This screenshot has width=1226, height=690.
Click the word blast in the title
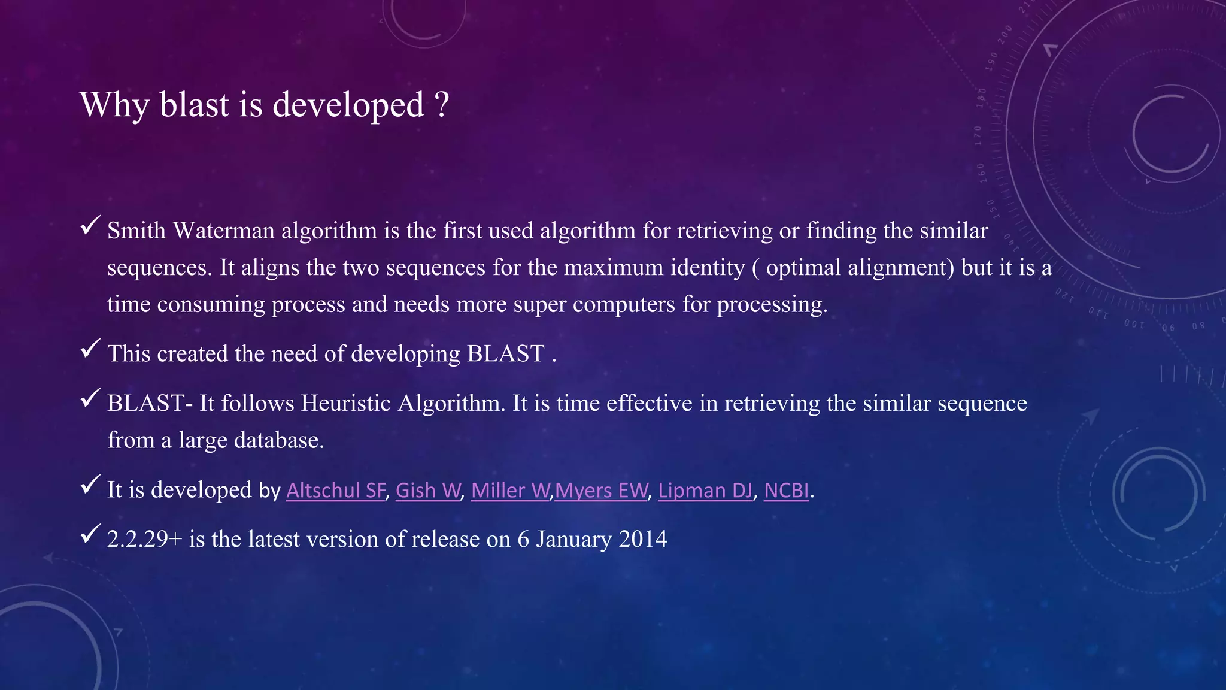click(x=195, y=105)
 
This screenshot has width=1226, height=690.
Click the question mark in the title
click(x=442, y=105)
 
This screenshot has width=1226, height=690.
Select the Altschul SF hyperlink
click(x=336, y=491)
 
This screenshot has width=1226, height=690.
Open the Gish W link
click(x=428, y=491)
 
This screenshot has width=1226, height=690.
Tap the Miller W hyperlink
click(x=510, y=491)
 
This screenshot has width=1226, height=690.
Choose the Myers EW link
click(x=601, y=491)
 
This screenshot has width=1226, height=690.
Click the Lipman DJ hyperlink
click(x=705, y=491)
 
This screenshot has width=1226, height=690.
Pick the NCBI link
click(x=787, y=491)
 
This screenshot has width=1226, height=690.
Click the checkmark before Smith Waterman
click(x=90, y=226)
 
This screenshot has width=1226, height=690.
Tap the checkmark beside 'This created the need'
click(x=90, y=349)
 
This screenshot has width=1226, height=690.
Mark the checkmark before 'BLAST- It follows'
click(x=90, y=398)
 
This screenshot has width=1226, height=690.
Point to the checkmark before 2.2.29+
click(x=90, y=534)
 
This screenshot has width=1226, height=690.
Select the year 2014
click(x=643, y=540)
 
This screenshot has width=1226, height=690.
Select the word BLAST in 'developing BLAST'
click(x=505, y=354)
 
